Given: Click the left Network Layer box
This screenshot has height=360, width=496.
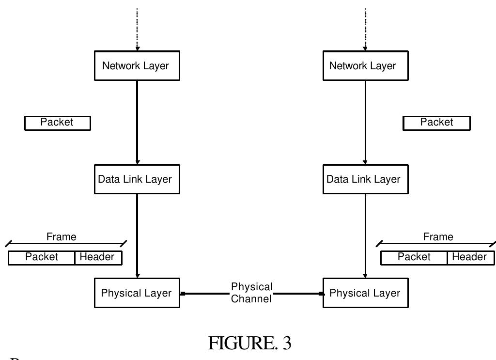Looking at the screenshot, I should [x=137, y=65].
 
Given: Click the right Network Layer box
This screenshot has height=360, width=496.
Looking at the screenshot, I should [x=365, y=65].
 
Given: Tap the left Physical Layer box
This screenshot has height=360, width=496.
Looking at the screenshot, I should [x=137, y=293].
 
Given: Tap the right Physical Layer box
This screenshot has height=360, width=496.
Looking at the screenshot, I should [x=365, y=293].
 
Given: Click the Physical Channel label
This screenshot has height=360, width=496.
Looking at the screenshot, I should [x=251, y=293].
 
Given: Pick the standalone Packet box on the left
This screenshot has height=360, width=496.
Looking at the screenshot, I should [x=57, y=123].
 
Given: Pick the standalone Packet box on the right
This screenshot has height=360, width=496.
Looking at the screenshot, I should [x=436, y=123].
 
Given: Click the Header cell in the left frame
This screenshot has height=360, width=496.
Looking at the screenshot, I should [x=98, y=258].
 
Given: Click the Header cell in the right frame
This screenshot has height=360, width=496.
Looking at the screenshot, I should [x=470, y=258].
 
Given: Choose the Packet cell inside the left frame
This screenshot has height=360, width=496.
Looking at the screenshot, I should [x=42, y=258].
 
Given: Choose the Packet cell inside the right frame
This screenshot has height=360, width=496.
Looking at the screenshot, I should [x=414, y=258].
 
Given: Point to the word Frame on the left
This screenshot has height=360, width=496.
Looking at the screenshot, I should [x=61, y=237].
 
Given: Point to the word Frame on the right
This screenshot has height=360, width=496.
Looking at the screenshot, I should [x=438, y=237].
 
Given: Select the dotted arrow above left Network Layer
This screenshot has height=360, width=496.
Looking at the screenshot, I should [x=137, y=29].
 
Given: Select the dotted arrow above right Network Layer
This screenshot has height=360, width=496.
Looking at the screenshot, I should [x=365, y=29].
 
